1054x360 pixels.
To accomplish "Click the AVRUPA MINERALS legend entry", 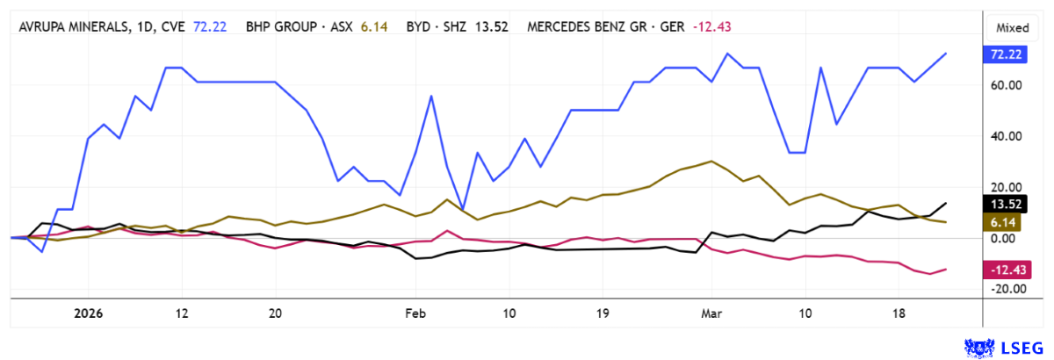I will (x=101, y=26).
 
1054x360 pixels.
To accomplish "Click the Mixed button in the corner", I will (x=1012, y=27).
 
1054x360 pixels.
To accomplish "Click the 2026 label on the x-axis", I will (x=89, y=312).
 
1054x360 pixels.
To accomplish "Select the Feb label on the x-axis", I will (x=414, y=312).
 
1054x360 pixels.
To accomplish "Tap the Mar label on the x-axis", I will (x=711, y=312).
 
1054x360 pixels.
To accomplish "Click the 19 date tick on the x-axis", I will (x=603, y=312).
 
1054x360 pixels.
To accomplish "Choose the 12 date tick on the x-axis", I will (x=182, y=312).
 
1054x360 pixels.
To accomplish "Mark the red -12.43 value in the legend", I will (x=712, y=26).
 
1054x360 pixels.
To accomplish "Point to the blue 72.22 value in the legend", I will (x=210, y=26).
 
